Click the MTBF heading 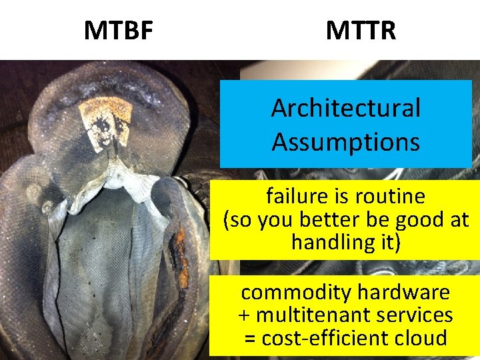(118, 30)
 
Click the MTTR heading (361, 30)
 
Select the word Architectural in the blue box (345, 108)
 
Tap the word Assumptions (345, 141)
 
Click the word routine (389, 197)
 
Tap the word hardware (404, 292)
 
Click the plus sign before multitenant (243, 315)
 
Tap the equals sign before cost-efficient (250, 338)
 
